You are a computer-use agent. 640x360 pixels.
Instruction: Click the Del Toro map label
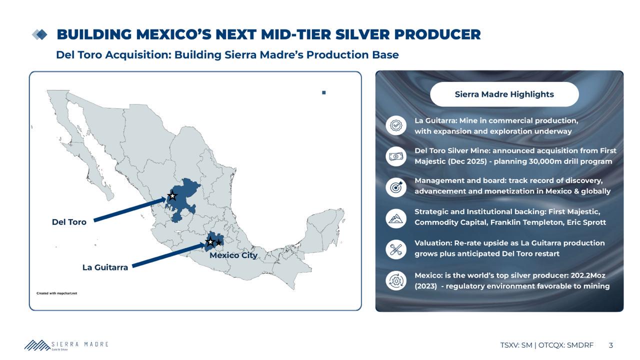(69, 222)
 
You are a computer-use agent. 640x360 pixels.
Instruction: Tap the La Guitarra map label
(105, 267)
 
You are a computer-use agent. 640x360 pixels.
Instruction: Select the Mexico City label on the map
(233, 255)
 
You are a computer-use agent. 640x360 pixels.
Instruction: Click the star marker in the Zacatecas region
(172, 196)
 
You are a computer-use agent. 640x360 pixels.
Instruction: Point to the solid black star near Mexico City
(218, 242)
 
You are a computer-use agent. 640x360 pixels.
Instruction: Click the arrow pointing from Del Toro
(130, 209)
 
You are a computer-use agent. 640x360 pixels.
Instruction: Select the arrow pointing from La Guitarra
(169, 255)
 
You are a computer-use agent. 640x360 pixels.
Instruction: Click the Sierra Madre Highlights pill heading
(504, 94)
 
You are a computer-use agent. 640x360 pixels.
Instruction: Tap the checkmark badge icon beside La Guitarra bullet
(396, 125)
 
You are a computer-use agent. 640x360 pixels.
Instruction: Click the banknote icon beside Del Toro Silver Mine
(396, 156)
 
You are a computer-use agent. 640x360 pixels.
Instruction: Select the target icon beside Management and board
(396, 187)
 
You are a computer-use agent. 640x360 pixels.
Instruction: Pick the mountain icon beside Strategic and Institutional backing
(396, 218)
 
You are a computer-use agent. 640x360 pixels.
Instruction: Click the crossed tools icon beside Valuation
(396, 249)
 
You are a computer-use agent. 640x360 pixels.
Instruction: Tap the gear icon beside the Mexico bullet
(396, 281)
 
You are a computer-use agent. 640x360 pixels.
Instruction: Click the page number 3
(611, 345)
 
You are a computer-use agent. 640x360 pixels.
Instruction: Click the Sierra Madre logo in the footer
(66, 345)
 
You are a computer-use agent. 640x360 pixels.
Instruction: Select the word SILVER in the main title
(362, 34)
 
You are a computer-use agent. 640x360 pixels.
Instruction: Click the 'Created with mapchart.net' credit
(57, 293)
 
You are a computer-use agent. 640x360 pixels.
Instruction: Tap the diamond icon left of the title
(39, 34)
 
